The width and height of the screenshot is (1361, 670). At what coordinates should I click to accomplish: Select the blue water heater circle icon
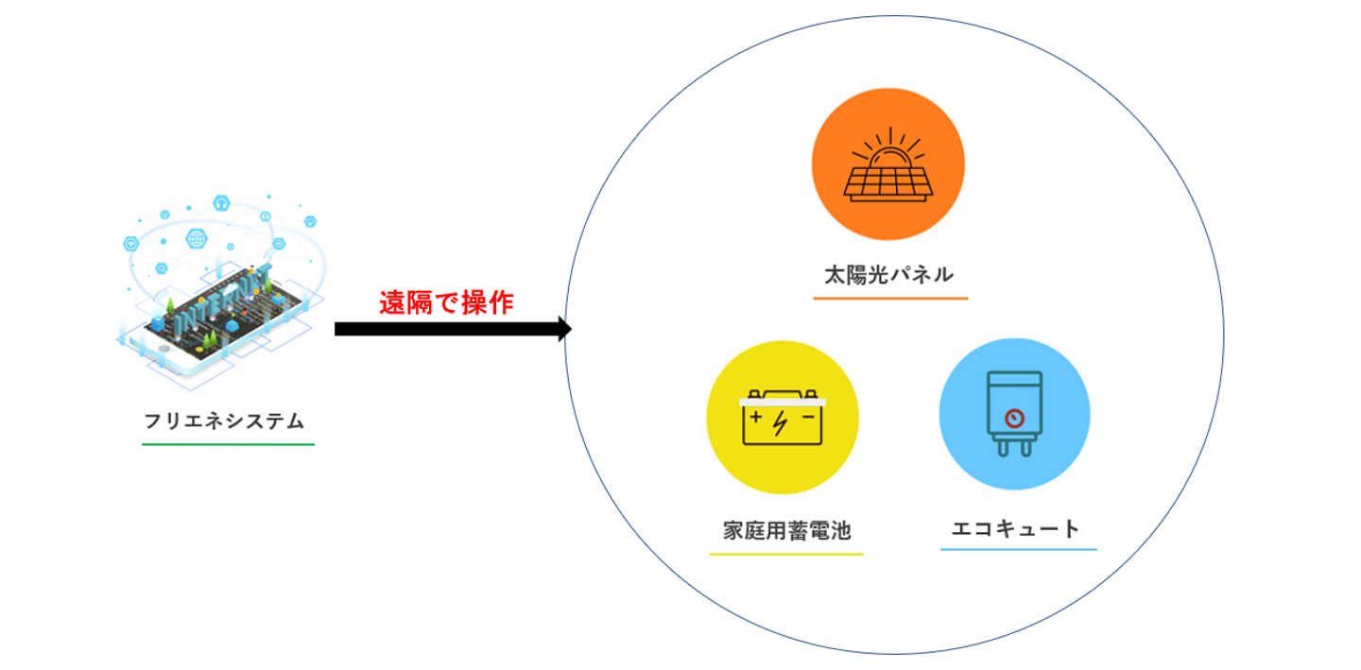coord(1014,415)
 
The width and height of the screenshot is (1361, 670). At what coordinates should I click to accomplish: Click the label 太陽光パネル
coord(889,276)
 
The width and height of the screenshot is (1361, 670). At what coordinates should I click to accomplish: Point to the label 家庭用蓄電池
coord(786,530)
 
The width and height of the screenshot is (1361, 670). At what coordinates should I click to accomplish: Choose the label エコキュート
coord(1015,528)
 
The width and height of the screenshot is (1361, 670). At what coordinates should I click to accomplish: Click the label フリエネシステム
coord(225,421)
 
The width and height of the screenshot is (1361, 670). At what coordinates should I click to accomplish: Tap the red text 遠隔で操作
coord(446,303)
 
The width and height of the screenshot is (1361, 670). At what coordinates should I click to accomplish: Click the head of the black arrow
coord(565,329)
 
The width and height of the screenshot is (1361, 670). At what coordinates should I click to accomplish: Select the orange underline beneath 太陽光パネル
coord(890,299)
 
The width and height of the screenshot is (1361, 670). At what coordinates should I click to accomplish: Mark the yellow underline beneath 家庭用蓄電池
coord(786,553)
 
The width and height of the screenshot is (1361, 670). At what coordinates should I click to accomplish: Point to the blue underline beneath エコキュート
coord(1018,549)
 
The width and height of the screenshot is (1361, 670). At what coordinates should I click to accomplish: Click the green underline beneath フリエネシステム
coord(228,443)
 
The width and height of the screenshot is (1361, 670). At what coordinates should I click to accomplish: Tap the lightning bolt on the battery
coord(781,422)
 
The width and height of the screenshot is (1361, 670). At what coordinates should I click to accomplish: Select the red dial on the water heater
coord(1014,418)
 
